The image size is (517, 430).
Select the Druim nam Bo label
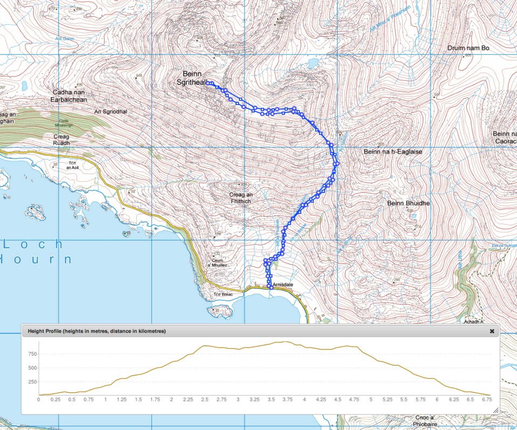pyautogui.click(x=468, y=48)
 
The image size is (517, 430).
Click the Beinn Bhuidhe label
pyautogui.click(x=408, y=203)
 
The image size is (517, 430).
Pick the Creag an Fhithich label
pyautogui.click(x=240, y=197)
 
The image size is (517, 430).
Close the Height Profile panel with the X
pyautogui.click(x=492, y=331)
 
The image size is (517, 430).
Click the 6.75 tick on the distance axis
pyautogui.click(x=487, y=400)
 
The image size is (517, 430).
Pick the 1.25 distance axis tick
pyautogui.click(x=122, y=400)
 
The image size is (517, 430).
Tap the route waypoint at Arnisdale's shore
pyautogui.click(x=271, y=288)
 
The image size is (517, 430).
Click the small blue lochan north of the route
pyautogui.click(x=312, y=64)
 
